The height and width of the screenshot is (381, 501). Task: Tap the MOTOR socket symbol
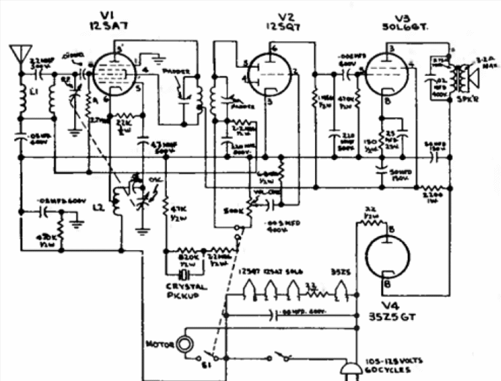click(x=183, y=343)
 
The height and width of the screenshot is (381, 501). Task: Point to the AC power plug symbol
click(x=351, y=369)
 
